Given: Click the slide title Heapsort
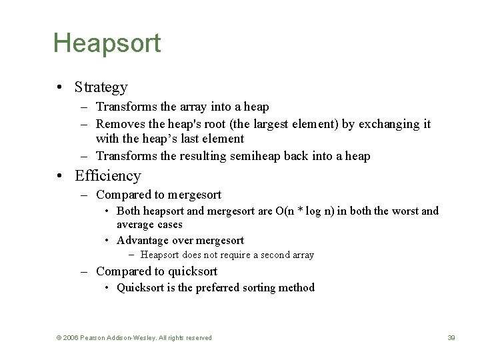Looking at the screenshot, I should [107, 43].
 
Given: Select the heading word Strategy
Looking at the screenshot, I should [101, 87].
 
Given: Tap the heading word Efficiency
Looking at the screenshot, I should [108, 176].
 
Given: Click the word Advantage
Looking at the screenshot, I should [142, 241].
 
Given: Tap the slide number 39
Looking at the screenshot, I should [451, 338].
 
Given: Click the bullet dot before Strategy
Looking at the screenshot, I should [60, 88].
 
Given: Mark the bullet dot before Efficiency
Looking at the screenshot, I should [60, 177].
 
